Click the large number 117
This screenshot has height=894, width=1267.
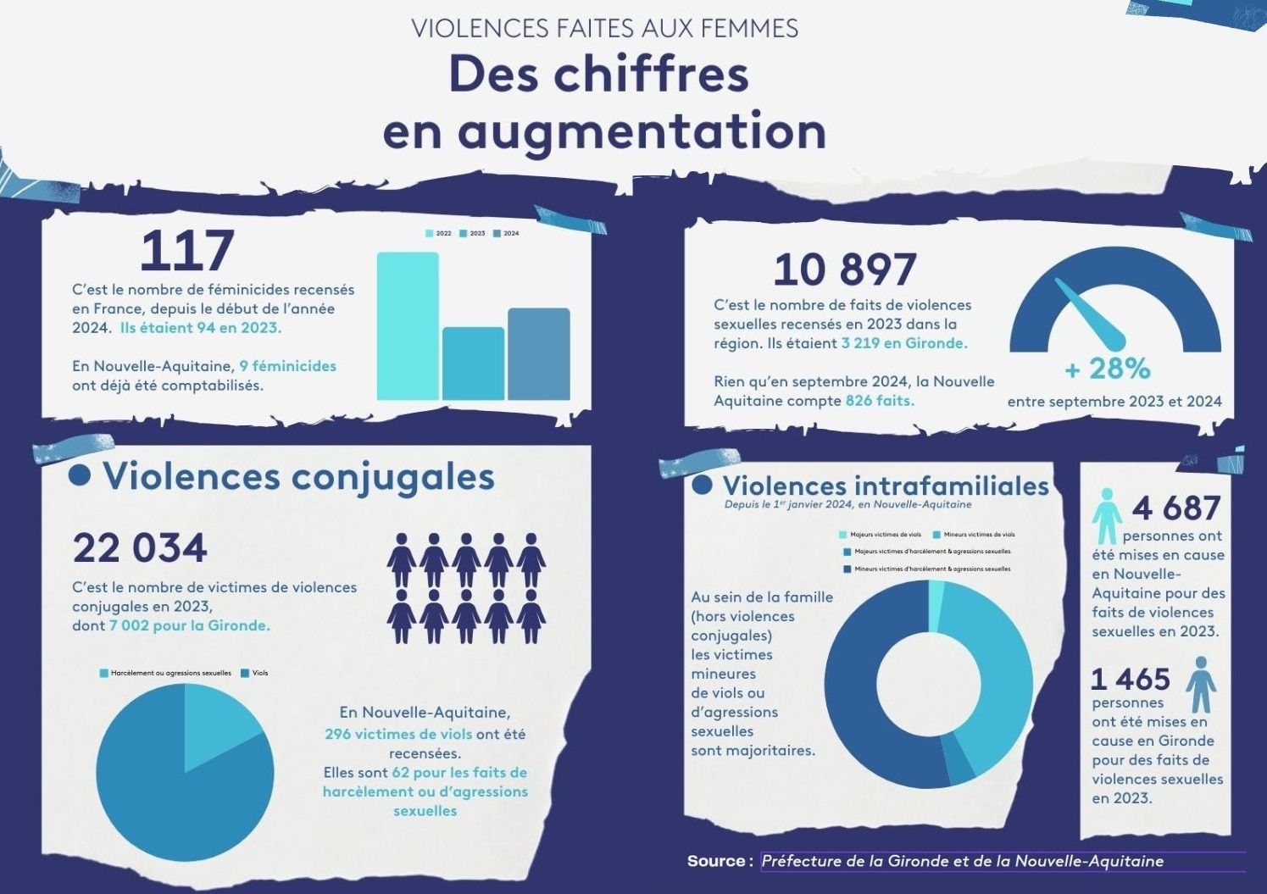pos(186,251)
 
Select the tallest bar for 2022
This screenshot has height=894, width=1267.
pos(408,326)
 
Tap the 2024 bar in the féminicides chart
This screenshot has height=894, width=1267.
pos(539,353)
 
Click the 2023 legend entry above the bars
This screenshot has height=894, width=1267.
pos(472,233)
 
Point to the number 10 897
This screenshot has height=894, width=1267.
pos(844,269)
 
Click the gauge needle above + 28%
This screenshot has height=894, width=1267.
pos(1091,313)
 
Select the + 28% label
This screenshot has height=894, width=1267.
pos(1108,369)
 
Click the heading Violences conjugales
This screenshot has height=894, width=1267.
pos(298,476)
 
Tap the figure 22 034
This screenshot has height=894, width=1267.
pos(140,548)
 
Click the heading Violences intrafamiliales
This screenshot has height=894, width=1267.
pos(886,486)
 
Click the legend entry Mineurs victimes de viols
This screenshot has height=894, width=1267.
pos(974,535)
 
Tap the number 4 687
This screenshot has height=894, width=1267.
pos(1176,508)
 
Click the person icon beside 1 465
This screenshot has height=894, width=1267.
pos(1200,685)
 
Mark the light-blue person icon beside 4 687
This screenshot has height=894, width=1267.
pos(1106,515)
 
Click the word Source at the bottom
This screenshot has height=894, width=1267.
pos(716,861)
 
